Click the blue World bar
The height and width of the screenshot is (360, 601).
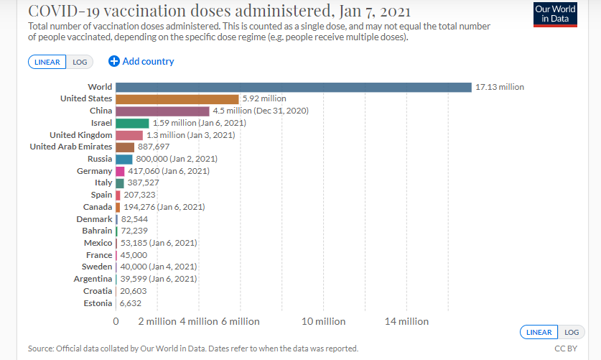pos(293,87)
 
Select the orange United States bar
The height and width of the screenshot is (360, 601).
pos(177,98)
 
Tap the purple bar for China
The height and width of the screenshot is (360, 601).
pos(162,111)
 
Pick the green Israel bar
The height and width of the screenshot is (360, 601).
pos(132,123)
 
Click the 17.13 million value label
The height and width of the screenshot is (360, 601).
pos(500,87)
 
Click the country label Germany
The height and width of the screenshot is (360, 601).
pos(95,171)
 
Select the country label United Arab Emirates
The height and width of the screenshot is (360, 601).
pos(70,147)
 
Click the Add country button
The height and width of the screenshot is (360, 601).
pos(141,62)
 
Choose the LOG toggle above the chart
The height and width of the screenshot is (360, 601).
pos(80,62)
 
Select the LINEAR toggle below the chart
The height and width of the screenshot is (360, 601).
pos(539,332)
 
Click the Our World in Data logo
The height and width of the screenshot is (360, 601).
pos(555,14)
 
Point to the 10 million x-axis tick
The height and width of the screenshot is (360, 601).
pos(324,321)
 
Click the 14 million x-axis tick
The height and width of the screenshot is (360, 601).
pos(406,321)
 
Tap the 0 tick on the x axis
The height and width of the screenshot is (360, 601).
pos(116,321)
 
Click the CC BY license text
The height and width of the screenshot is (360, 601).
pos(566,349)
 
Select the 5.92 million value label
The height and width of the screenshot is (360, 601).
pos(264,98)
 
